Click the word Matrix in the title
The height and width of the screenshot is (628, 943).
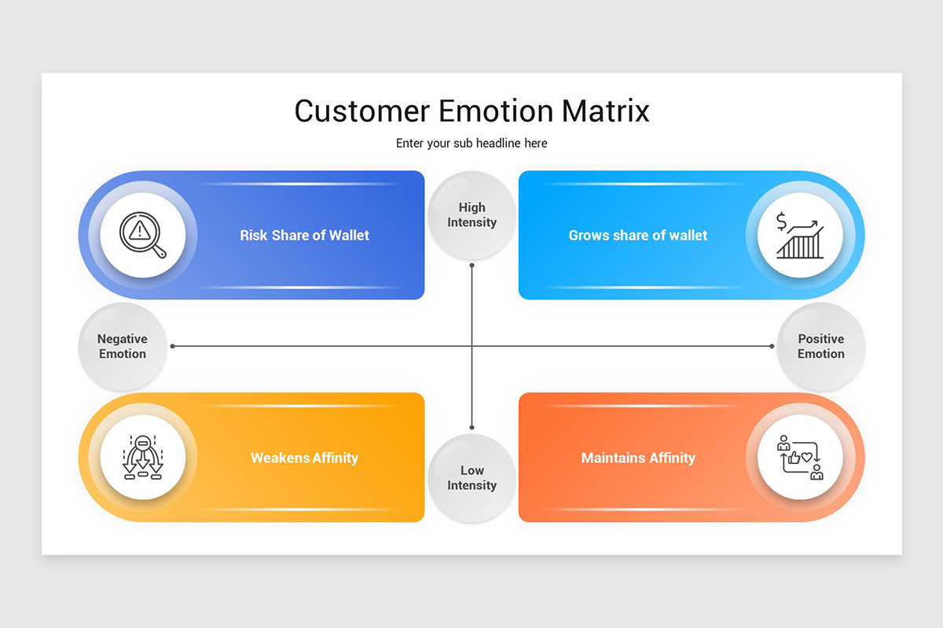pyautogui.click(x=605, y=111)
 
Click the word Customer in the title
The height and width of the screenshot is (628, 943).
pyautogui.click(x=361, y=111)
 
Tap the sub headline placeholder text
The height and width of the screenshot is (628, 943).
pyautogui.click(x=472, y=144)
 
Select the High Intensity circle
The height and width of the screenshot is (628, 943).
pyautogui.click(x=472, y=215)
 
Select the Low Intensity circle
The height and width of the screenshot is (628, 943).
pyautogui.click(x=472, y=478)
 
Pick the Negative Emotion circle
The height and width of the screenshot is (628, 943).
pyautogui.click(x=123, y=346)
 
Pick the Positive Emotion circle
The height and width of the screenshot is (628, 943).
pyautogui.click(x=820, y=346)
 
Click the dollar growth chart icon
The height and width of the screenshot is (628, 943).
pyautogui.click(x=800, y=235)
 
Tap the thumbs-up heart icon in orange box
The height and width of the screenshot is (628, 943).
pyautogui.click(x=800, y=458)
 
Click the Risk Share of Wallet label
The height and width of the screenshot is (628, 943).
pyautogui.click(x=304, y=235)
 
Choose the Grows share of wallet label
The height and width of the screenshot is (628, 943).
pyautogui.click(x=638, y=235)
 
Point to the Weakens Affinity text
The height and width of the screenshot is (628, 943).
pyautogui.click(x=304, y=458)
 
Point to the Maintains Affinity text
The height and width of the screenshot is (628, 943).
pyautogui.click(x=638, y=458)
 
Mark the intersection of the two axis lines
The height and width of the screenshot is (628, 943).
pyautogui.click(x=472, y=346)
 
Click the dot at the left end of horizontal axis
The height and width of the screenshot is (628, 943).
pyautogui.click(x=173, y=346)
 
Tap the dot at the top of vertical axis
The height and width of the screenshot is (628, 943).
pyautogui.click(x=472, y=265)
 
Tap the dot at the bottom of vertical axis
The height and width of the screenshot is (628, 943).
pyautogui.click(x=472, y=427)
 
